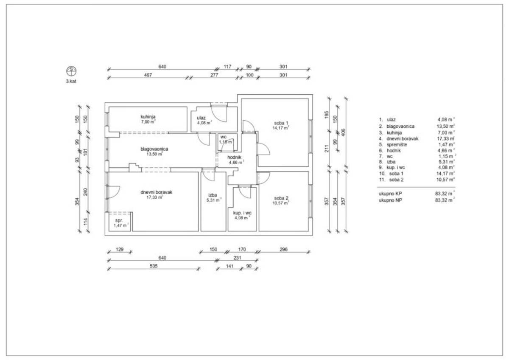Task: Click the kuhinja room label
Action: click(148, 117)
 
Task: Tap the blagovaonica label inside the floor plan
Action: click(154, 149)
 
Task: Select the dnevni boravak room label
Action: click(157, 192)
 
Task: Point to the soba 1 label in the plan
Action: click(281, 123)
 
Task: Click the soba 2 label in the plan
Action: click(281, 198)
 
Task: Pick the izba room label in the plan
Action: click(213, 195)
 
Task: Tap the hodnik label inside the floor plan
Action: click(234, 157)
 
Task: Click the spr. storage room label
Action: click(119, 220)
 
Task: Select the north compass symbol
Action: click(71, 71)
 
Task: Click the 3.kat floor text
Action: click(71, 81)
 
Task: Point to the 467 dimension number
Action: click(148, 75)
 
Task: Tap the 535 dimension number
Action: click(154, 266)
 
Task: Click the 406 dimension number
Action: click(343, 132)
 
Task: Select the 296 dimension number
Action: click(284, 249)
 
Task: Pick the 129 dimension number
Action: click(120, 249)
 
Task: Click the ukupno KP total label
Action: click(390, 194)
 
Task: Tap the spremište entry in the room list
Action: click(397, 145)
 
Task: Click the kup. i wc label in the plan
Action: click(242, 213)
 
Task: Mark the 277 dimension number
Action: click(214, 75)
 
